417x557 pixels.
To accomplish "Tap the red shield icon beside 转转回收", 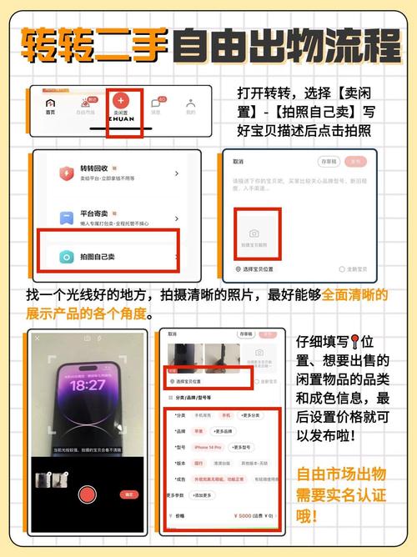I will click(x=63, y=173).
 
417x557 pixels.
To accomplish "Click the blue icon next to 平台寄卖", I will click(x=63, y=218).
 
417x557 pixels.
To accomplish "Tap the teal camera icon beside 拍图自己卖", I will click(x=63, y=258).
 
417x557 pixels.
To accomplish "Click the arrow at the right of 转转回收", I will click(x=177, y=173).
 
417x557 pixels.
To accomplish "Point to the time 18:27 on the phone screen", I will click(x=88, y=386).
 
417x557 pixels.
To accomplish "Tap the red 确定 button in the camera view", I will click(x=129, y=494).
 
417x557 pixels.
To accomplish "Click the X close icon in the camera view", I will click(x=37, y=338).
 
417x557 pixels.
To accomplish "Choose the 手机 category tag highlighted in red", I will click(x=225, y=414).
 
